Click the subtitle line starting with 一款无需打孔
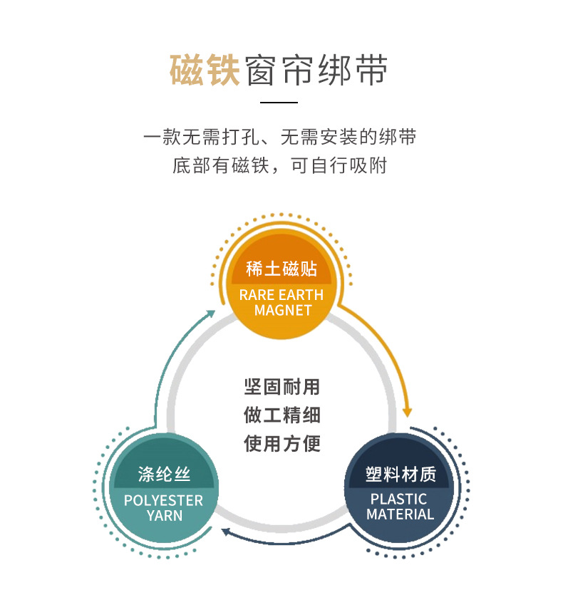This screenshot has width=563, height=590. (280, 137)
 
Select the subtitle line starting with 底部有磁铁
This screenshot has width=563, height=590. (280, 166)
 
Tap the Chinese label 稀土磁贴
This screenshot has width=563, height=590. (281, 269)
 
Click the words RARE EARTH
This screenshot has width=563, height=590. (281, 295)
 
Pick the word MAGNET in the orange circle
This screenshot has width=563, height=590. (283, 311)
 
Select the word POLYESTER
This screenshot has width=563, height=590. (164, 500)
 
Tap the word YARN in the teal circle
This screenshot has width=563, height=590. (165, 516)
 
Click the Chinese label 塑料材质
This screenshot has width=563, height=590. (400, 475)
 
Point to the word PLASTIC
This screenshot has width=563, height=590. (399, 499)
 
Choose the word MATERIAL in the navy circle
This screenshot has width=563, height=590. (400, 514)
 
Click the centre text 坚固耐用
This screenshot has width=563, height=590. (282, 387)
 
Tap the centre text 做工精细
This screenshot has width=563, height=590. (282, 415)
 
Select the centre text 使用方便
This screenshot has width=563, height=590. (282, 443)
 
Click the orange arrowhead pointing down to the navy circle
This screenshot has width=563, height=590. (408, 412)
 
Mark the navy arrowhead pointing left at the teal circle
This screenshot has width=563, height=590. (224, 532)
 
